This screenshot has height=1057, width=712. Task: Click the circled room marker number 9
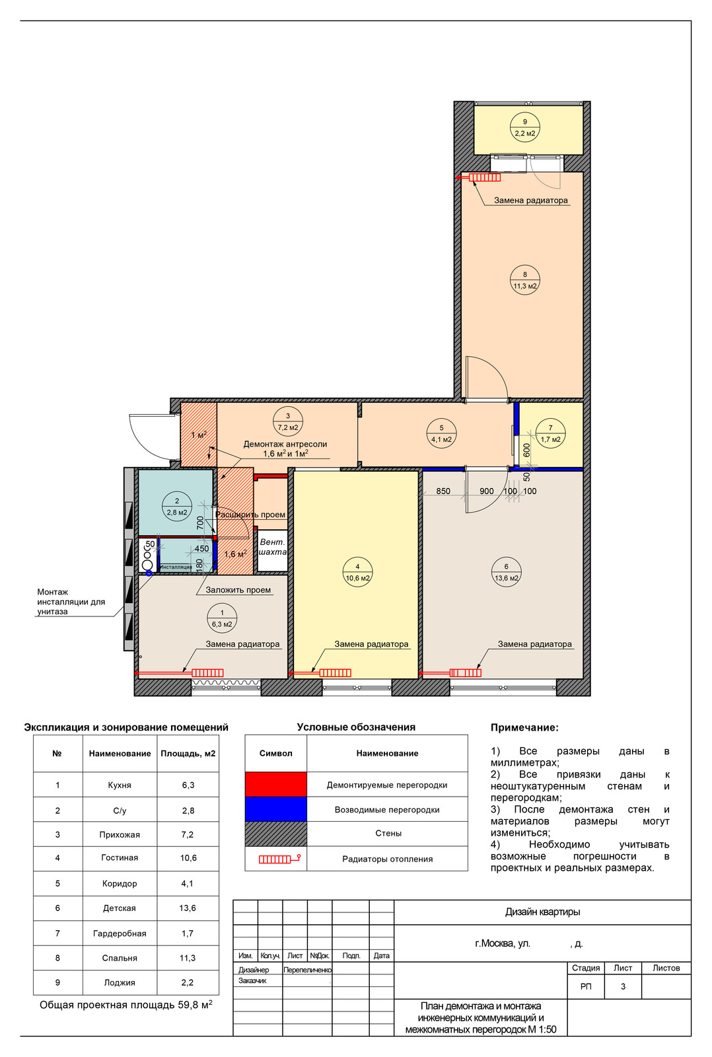coord(524,128)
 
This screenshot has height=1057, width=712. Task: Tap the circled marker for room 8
coord(524,280)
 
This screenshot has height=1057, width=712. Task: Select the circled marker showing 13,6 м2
coord(507,572)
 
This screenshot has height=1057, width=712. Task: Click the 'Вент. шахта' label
coord(273,547)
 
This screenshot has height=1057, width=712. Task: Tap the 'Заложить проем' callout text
coord(238,590)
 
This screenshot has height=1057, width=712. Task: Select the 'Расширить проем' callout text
coord(250,515)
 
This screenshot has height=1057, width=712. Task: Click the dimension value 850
coord(443,492)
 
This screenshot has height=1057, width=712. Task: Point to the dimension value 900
coord(487,492)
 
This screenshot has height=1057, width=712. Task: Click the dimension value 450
coord(202,549)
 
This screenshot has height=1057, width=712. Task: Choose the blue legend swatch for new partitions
coord(276,809)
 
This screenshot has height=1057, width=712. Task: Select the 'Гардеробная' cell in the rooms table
coord(120,933)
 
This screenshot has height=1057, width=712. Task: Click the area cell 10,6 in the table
coord(188,858)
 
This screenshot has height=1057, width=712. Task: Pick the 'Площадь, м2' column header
coord(188,754)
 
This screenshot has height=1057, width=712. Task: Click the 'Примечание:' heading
coord(524,727)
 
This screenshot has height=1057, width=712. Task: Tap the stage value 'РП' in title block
coord(586,986)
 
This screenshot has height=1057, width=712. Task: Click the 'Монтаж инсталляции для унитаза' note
coord(71,602)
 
